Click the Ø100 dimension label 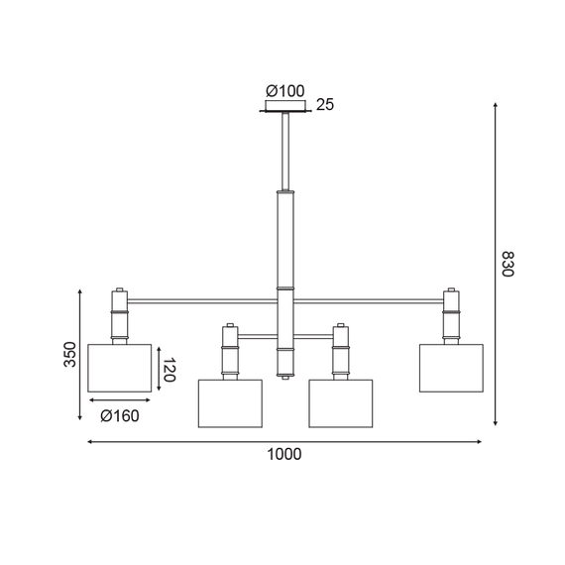(284, 91)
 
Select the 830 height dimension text (507, 264)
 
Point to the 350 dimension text (69, 355)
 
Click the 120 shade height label (169, 372)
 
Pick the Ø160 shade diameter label (119, 415)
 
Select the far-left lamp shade (119, 368)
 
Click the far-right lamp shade (450, 368)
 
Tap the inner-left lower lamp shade (229, 402)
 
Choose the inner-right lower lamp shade (340, 402)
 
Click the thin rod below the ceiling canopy (285, 149)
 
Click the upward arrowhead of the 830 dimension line (494, 104)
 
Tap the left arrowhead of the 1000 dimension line (91, 441)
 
